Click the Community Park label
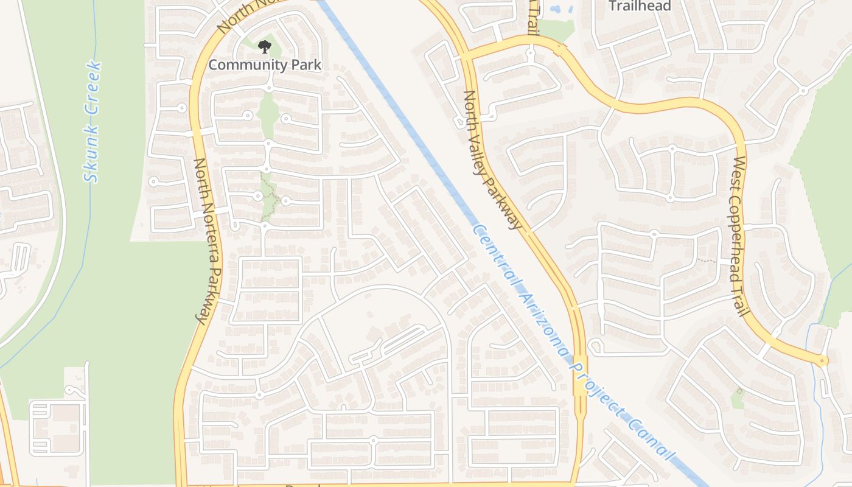(265, 64)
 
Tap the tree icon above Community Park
(264, 46)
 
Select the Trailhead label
(640, 6)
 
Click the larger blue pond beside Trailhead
(556, 10)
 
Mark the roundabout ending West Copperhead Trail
(822, 361)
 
